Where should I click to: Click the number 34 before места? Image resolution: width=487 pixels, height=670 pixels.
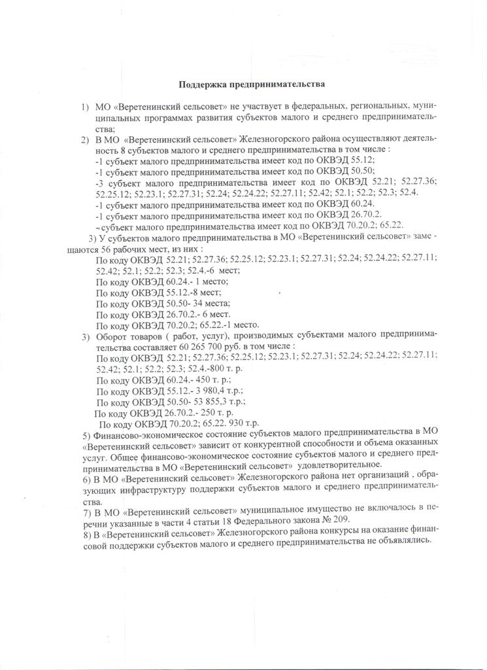point(181,303)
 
